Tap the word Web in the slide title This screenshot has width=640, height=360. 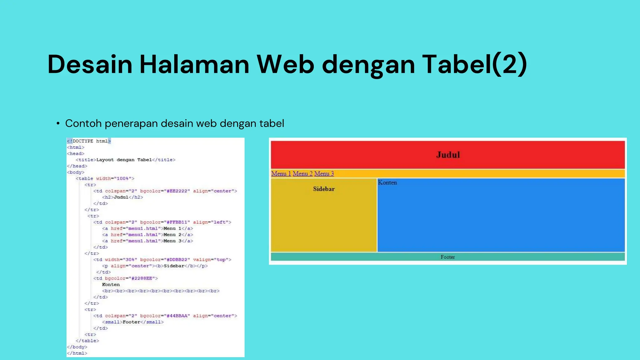point(285,64)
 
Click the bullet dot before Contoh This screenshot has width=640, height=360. point(58,124)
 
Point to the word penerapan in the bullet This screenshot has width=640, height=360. point(131,124)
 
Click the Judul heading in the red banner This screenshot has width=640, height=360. point(448,155)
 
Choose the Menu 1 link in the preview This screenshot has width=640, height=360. point(281,174)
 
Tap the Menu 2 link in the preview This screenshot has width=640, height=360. point(302,174)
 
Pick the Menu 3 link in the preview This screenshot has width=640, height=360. point(324,174)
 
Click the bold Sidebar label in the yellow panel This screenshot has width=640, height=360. point(324,189)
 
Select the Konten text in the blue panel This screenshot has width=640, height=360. point(387,183)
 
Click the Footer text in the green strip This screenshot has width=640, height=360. point(447,257)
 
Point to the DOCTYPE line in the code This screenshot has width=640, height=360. point(89,141)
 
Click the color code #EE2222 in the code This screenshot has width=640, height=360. point(177,191)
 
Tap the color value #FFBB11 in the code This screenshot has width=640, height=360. point(177,222)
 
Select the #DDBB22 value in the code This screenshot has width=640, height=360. point(177,260)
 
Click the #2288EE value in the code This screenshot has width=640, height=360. point(142,278)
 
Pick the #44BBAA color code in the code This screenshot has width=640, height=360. point(177,316)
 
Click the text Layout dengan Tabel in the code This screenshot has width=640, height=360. point(124,160)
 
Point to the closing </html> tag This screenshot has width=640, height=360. point(77,353)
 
